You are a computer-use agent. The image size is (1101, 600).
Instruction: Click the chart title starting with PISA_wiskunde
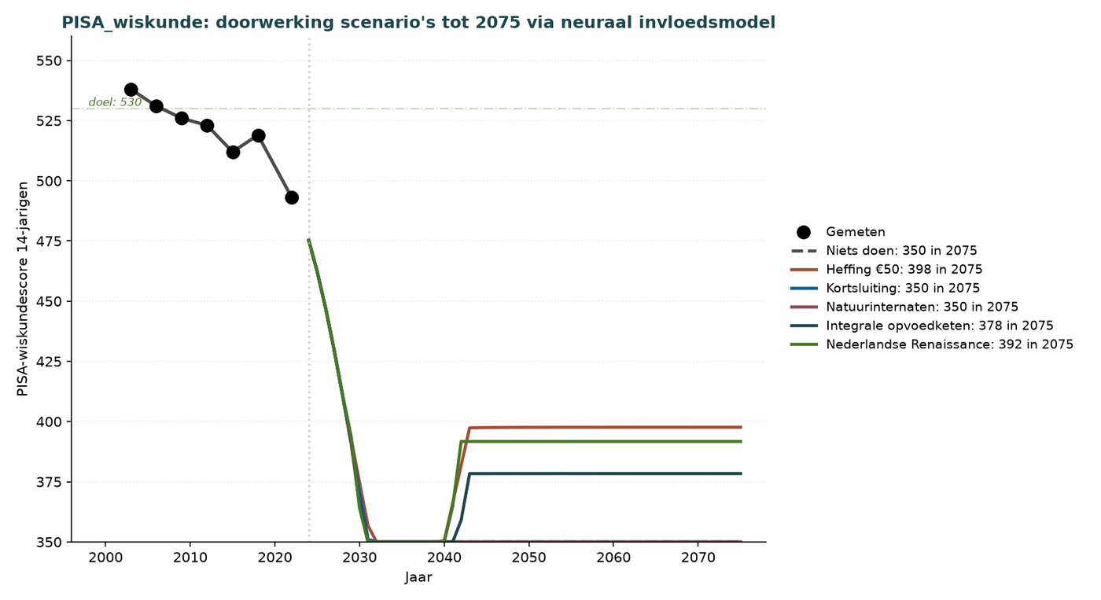tap(418, 23)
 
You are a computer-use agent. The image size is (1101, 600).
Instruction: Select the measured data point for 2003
tap(131, 90)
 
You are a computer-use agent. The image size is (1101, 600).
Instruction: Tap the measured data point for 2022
tap(292, 197)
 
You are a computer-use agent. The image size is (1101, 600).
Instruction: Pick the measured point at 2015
tap(233, 153)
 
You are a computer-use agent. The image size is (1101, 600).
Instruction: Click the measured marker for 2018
tap(258, 135)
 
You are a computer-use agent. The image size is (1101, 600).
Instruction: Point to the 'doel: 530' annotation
tap(115, 102)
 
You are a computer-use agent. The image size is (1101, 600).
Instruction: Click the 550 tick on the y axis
tap(49, 61)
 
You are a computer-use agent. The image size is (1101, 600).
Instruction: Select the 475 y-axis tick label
tap(49, 241)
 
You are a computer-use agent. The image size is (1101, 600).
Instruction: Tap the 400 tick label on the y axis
tap(49, 421)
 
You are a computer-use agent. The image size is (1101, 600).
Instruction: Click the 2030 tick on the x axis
tap(359, 558)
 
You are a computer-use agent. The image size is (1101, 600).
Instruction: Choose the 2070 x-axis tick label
tap(698, 558)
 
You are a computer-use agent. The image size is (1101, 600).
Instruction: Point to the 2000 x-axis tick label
tap(105, 558)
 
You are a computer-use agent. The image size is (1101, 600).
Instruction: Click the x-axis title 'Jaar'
tap(418, 577)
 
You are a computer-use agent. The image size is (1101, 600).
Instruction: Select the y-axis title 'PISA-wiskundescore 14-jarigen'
tap(23, 289)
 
